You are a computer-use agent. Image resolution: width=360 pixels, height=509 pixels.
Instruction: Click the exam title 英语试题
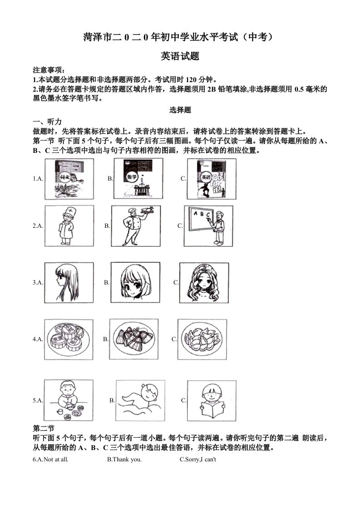[x=180, y=56]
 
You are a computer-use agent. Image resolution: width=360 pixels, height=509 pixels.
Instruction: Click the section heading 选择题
[x=180, y=110]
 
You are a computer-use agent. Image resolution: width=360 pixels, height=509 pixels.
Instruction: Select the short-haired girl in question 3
[x=135, y=282]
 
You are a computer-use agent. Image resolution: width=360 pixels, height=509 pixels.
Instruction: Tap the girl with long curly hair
[x=204, y=282]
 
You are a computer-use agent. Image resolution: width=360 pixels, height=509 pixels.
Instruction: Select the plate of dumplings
[x=202, y=339]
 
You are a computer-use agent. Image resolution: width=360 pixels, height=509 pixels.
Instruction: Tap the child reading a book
[x=212, y=400]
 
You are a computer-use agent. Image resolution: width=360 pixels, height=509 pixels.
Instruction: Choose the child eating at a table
[x=69, y=400]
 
